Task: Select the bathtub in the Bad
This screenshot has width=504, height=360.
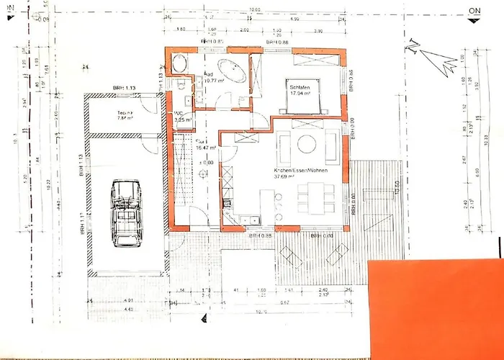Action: pyautogui.click(x=231, y=73)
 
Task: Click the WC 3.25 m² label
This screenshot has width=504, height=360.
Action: pyautogui.click(x=184, y=117)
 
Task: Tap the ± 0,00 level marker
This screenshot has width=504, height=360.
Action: pyautogui.click(x=207, y=163)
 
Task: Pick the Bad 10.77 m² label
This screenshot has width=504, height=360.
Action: pyautogui.click(x=215, y=78)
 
